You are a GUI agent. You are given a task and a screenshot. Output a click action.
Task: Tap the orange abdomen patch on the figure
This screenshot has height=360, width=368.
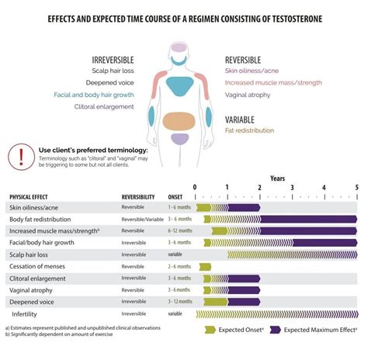[179, 120]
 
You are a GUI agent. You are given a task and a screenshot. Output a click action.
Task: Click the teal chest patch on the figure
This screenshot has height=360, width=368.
[179, 85]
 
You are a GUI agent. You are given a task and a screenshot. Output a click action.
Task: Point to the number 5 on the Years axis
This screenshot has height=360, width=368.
[356, 187]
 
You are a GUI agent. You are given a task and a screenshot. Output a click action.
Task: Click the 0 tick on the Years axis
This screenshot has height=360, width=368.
[195, 187]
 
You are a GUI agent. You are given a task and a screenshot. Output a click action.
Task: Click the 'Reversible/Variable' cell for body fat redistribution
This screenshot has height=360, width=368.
[143, 219]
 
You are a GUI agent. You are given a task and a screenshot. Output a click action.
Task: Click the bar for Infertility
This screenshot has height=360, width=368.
[276, 313]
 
